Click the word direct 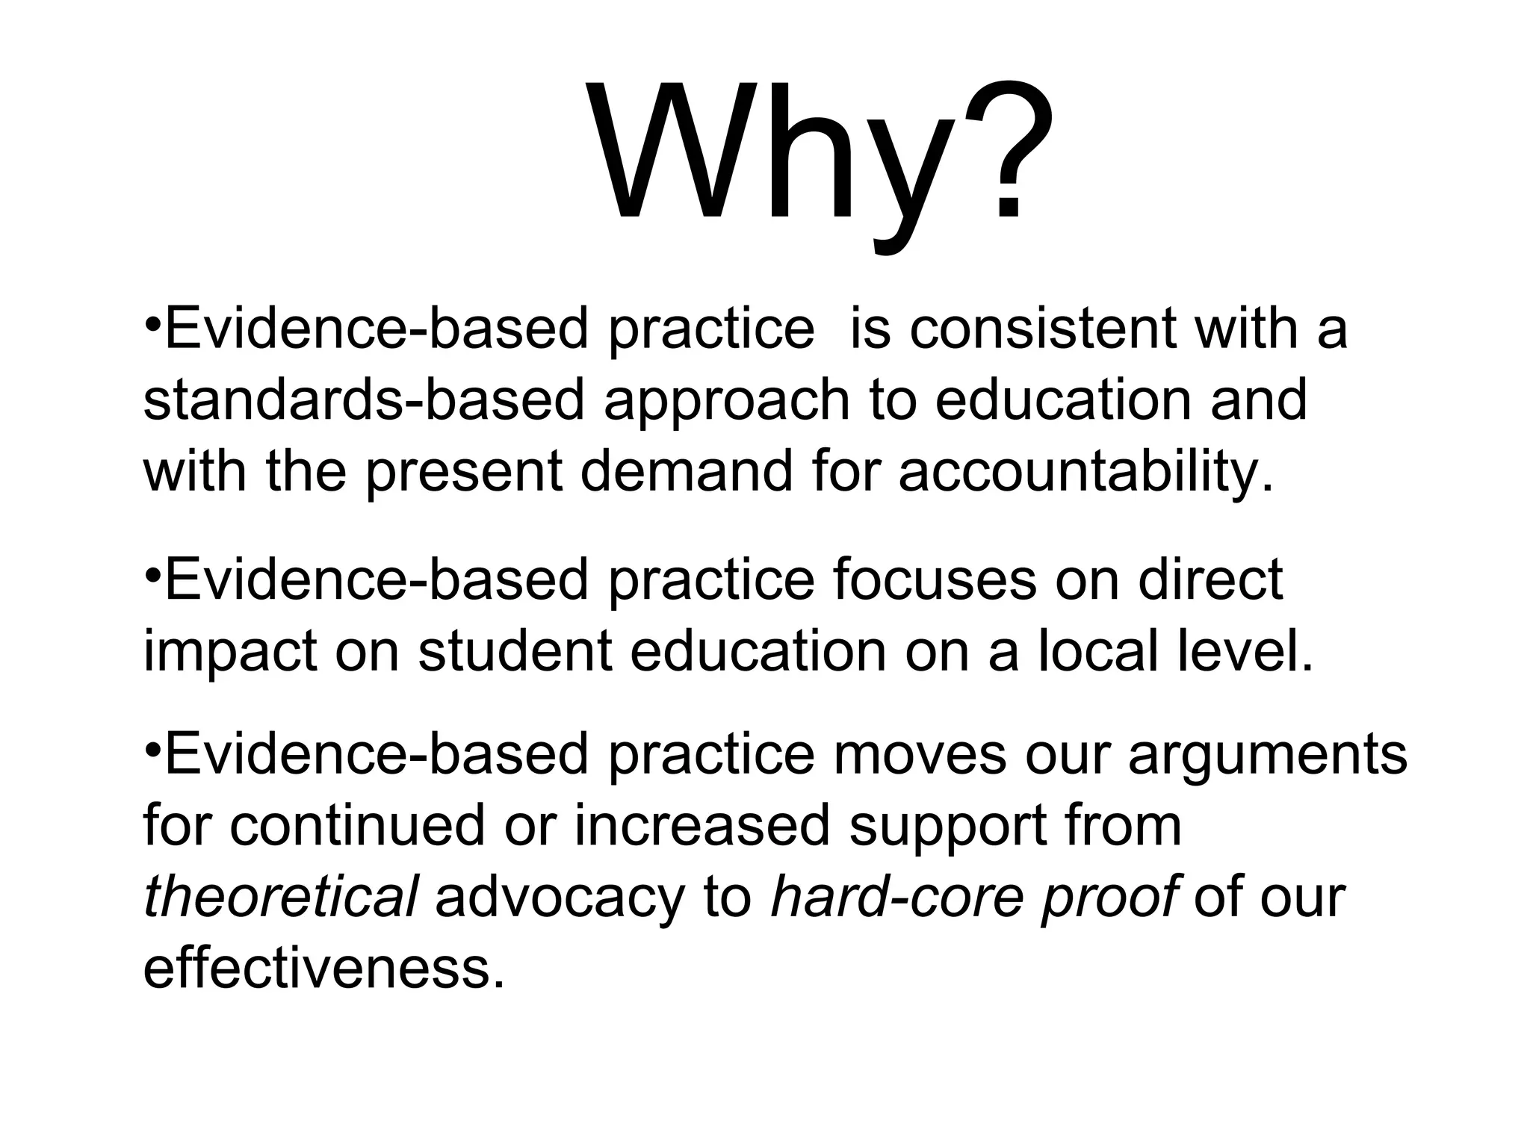point(1210,580)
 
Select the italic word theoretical point(280,897)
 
